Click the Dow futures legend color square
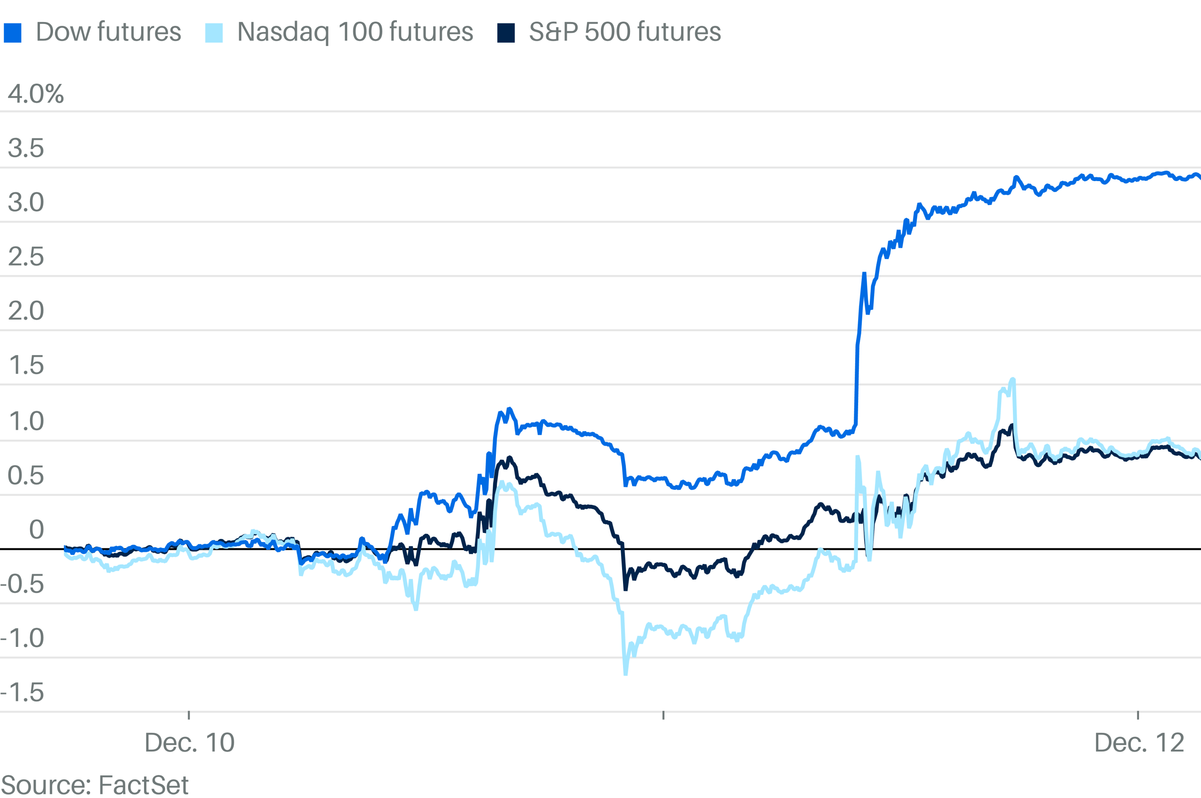(x=13, y=33)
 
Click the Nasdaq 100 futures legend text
(x=355, y=32)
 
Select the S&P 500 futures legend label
(x=624, y=32)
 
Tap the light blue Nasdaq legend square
(x=214, y=33)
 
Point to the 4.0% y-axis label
(x=36, y=94)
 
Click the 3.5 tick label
(x=26, y=148)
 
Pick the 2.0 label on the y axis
(x=26, y=311)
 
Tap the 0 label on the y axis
(x=36, y=530)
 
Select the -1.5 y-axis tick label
(x=23, y=692)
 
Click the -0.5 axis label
(x=23, y=584)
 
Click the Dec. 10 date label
(x=190, y=743)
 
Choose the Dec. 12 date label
(x=1139, y=743)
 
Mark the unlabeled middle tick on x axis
(x=663, y=715)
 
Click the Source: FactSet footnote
(x=95, y=785)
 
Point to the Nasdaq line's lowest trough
(x=625, y=674)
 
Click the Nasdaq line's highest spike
(x=1013, y=379)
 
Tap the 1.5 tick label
(x=26, y=365)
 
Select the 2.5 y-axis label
(x=26, y=257)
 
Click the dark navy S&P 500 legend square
(x=506, y=33)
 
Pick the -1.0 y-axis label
(x=23, y=638)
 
